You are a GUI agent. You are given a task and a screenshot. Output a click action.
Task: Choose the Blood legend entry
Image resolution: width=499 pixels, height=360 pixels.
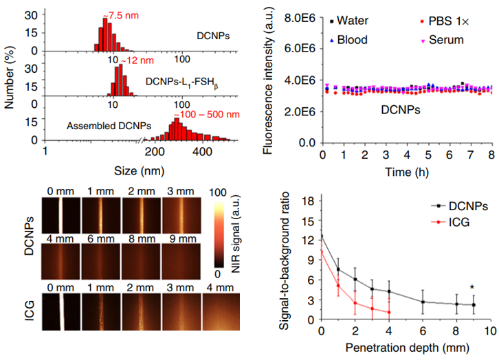coord(351,40)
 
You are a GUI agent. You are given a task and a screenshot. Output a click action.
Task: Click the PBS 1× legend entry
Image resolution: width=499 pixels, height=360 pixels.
coord(447,21)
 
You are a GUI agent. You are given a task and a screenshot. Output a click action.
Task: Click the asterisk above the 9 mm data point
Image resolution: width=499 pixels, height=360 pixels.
coord(473,287)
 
